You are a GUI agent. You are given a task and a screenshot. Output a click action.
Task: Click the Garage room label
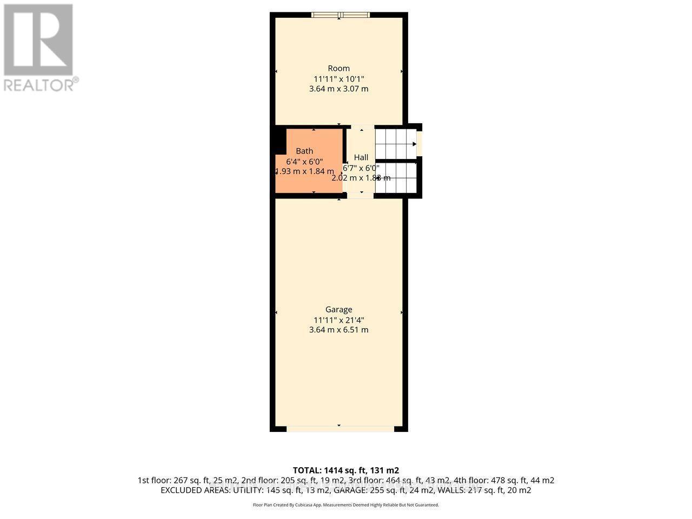point(339,309)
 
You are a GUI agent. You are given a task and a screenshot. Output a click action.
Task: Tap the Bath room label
point(304,151)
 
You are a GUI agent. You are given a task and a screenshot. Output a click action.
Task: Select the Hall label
point(361,157)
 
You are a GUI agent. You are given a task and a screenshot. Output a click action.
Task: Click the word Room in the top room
point(339,68)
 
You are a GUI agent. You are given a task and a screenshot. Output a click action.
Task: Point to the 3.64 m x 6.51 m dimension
point(339,330)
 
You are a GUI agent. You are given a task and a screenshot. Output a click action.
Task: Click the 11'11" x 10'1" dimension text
point(339,78)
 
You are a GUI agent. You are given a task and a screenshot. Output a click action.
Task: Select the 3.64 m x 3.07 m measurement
point(339,89)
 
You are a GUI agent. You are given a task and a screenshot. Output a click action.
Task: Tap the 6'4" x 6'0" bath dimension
point(304,161)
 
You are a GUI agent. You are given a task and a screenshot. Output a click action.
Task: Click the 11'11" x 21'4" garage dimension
point(339,320)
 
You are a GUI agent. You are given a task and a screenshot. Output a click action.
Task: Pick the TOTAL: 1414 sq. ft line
point(346,470)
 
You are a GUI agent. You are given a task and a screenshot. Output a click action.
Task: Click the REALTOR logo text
point(39,85)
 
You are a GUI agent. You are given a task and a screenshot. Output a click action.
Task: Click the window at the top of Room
point(339,15)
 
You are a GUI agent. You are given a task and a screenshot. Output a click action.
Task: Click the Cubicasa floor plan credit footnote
point(346,505)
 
